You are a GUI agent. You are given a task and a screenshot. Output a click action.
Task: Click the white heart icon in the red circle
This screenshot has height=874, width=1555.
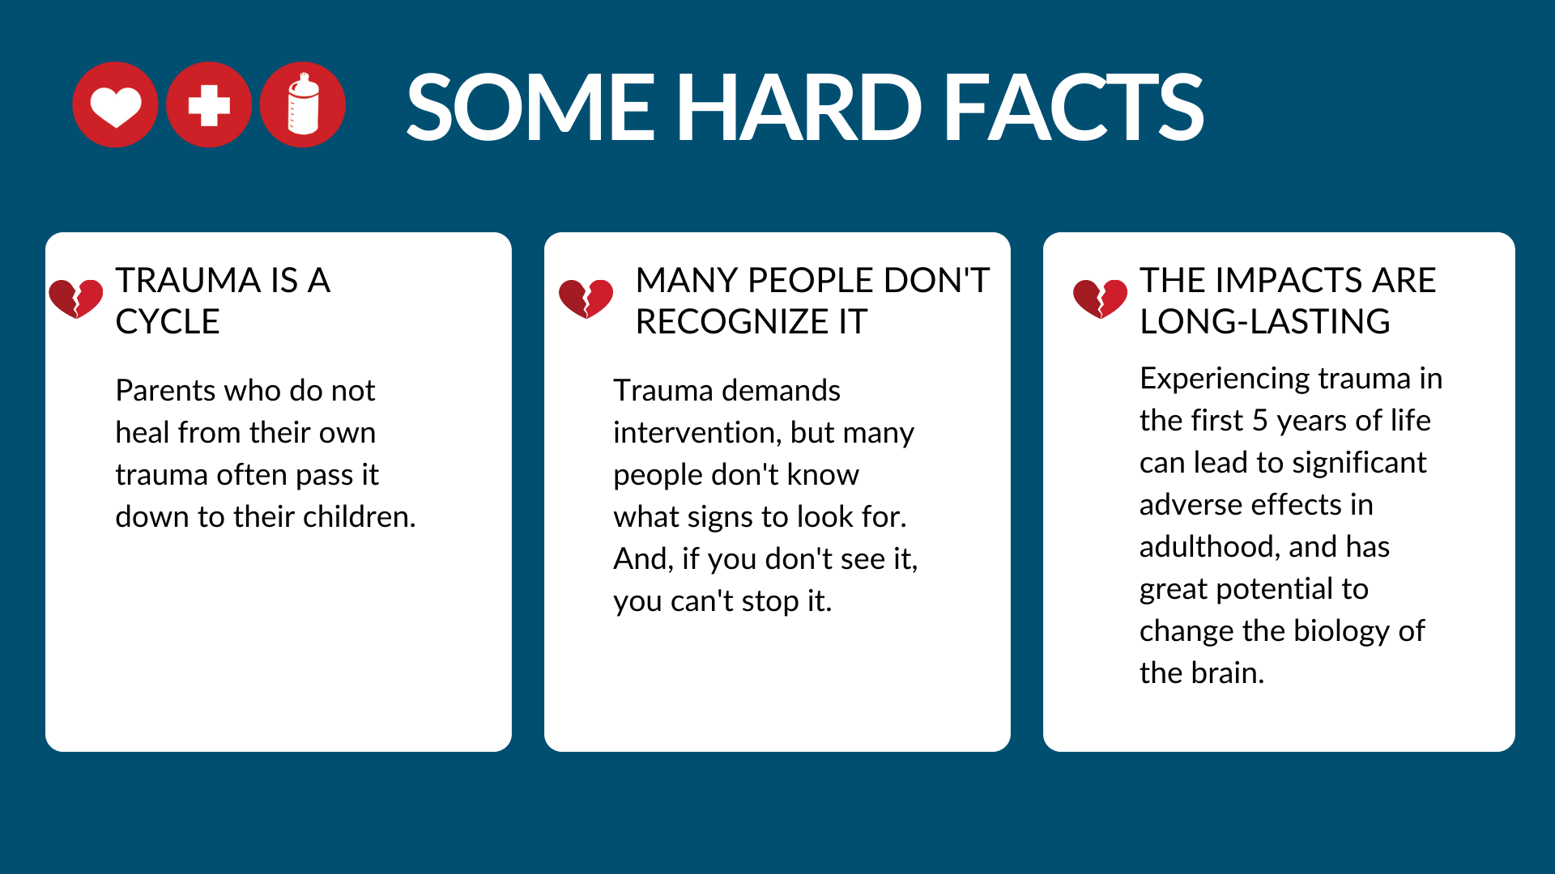click(x=115, y=105)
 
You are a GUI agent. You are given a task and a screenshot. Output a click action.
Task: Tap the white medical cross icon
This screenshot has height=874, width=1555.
click(x=209, y=105)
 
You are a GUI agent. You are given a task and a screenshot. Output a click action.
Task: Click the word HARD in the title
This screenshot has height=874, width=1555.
click(x=799, y=107)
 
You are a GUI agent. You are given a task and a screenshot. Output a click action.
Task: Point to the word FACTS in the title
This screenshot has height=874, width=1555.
click(x=1074, y=107)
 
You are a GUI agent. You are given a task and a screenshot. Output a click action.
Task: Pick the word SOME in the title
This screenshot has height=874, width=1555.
click(x=530, y=107)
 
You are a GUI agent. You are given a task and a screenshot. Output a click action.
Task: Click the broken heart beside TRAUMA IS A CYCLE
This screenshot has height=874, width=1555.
click(x=76, y=299)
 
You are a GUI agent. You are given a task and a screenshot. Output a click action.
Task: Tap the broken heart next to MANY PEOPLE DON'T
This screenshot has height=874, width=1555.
click(x=586, y=299)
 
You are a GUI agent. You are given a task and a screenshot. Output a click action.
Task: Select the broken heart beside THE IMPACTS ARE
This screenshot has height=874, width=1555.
click(x=1100, y=299)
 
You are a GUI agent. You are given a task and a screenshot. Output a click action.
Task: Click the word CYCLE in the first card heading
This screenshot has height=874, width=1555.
click(x=168, y=322)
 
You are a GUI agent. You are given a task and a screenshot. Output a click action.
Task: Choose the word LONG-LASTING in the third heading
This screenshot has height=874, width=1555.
click(x=1265, y=322)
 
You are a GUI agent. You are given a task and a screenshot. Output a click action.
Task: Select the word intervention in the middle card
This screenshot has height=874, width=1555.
click(x=697, y=433)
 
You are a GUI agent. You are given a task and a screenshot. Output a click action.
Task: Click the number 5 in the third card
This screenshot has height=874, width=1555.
click(x=1259, y=421)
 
